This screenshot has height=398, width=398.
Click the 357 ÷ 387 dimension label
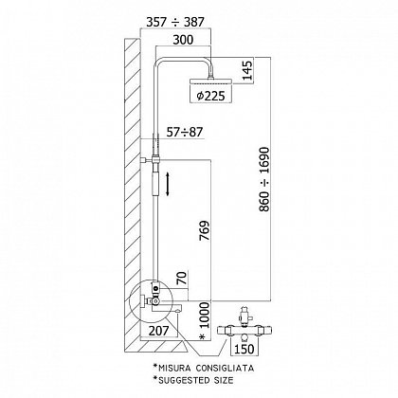coord(175,22)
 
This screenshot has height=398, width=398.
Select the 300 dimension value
coord(183,40)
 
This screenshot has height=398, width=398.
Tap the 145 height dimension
coord(248,70)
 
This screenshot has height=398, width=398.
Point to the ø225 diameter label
coord(210,96)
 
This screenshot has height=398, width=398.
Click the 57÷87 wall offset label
coord(185,132)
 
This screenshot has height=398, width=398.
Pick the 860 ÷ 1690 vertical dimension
coord(264,179)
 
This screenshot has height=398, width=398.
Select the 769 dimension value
coord(205,230)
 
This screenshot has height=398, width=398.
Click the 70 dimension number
coord(183,278)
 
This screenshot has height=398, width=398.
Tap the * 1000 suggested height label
coord(205,321)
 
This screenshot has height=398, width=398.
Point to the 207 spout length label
coord(159,331)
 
